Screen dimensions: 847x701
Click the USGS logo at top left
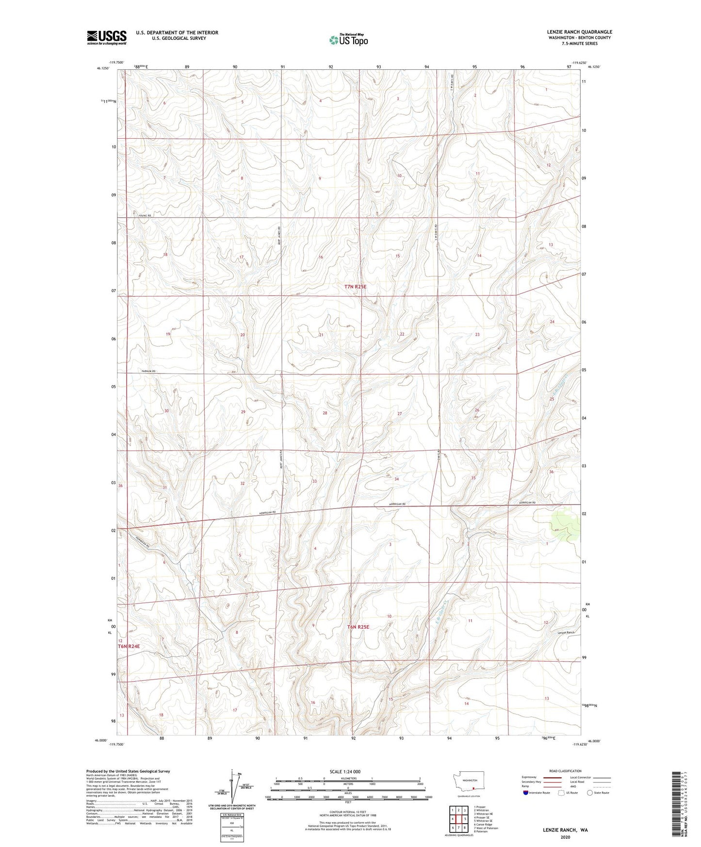pos(107,37)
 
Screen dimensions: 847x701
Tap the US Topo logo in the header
pos(348,40)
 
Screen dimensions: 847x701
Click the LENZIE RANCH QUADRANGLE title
pos(572,32)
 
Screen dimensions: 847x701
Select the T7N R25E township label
pos(356,287)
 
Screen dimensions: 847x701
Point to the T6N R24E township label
pos(129,646)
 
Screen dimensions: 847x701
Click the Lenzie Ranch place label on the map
pos(566,633)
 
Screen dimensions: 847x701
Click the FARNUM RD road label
pos(148,371)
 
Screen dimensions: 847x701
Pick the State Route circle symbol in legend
pos(590,792)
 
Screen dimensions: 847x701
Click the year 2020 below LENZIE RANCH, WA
pos(565,837)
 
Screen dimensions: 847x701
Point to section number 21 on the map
pos(321,335)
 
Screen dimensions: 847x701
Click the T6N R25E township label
pos(358,627)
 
